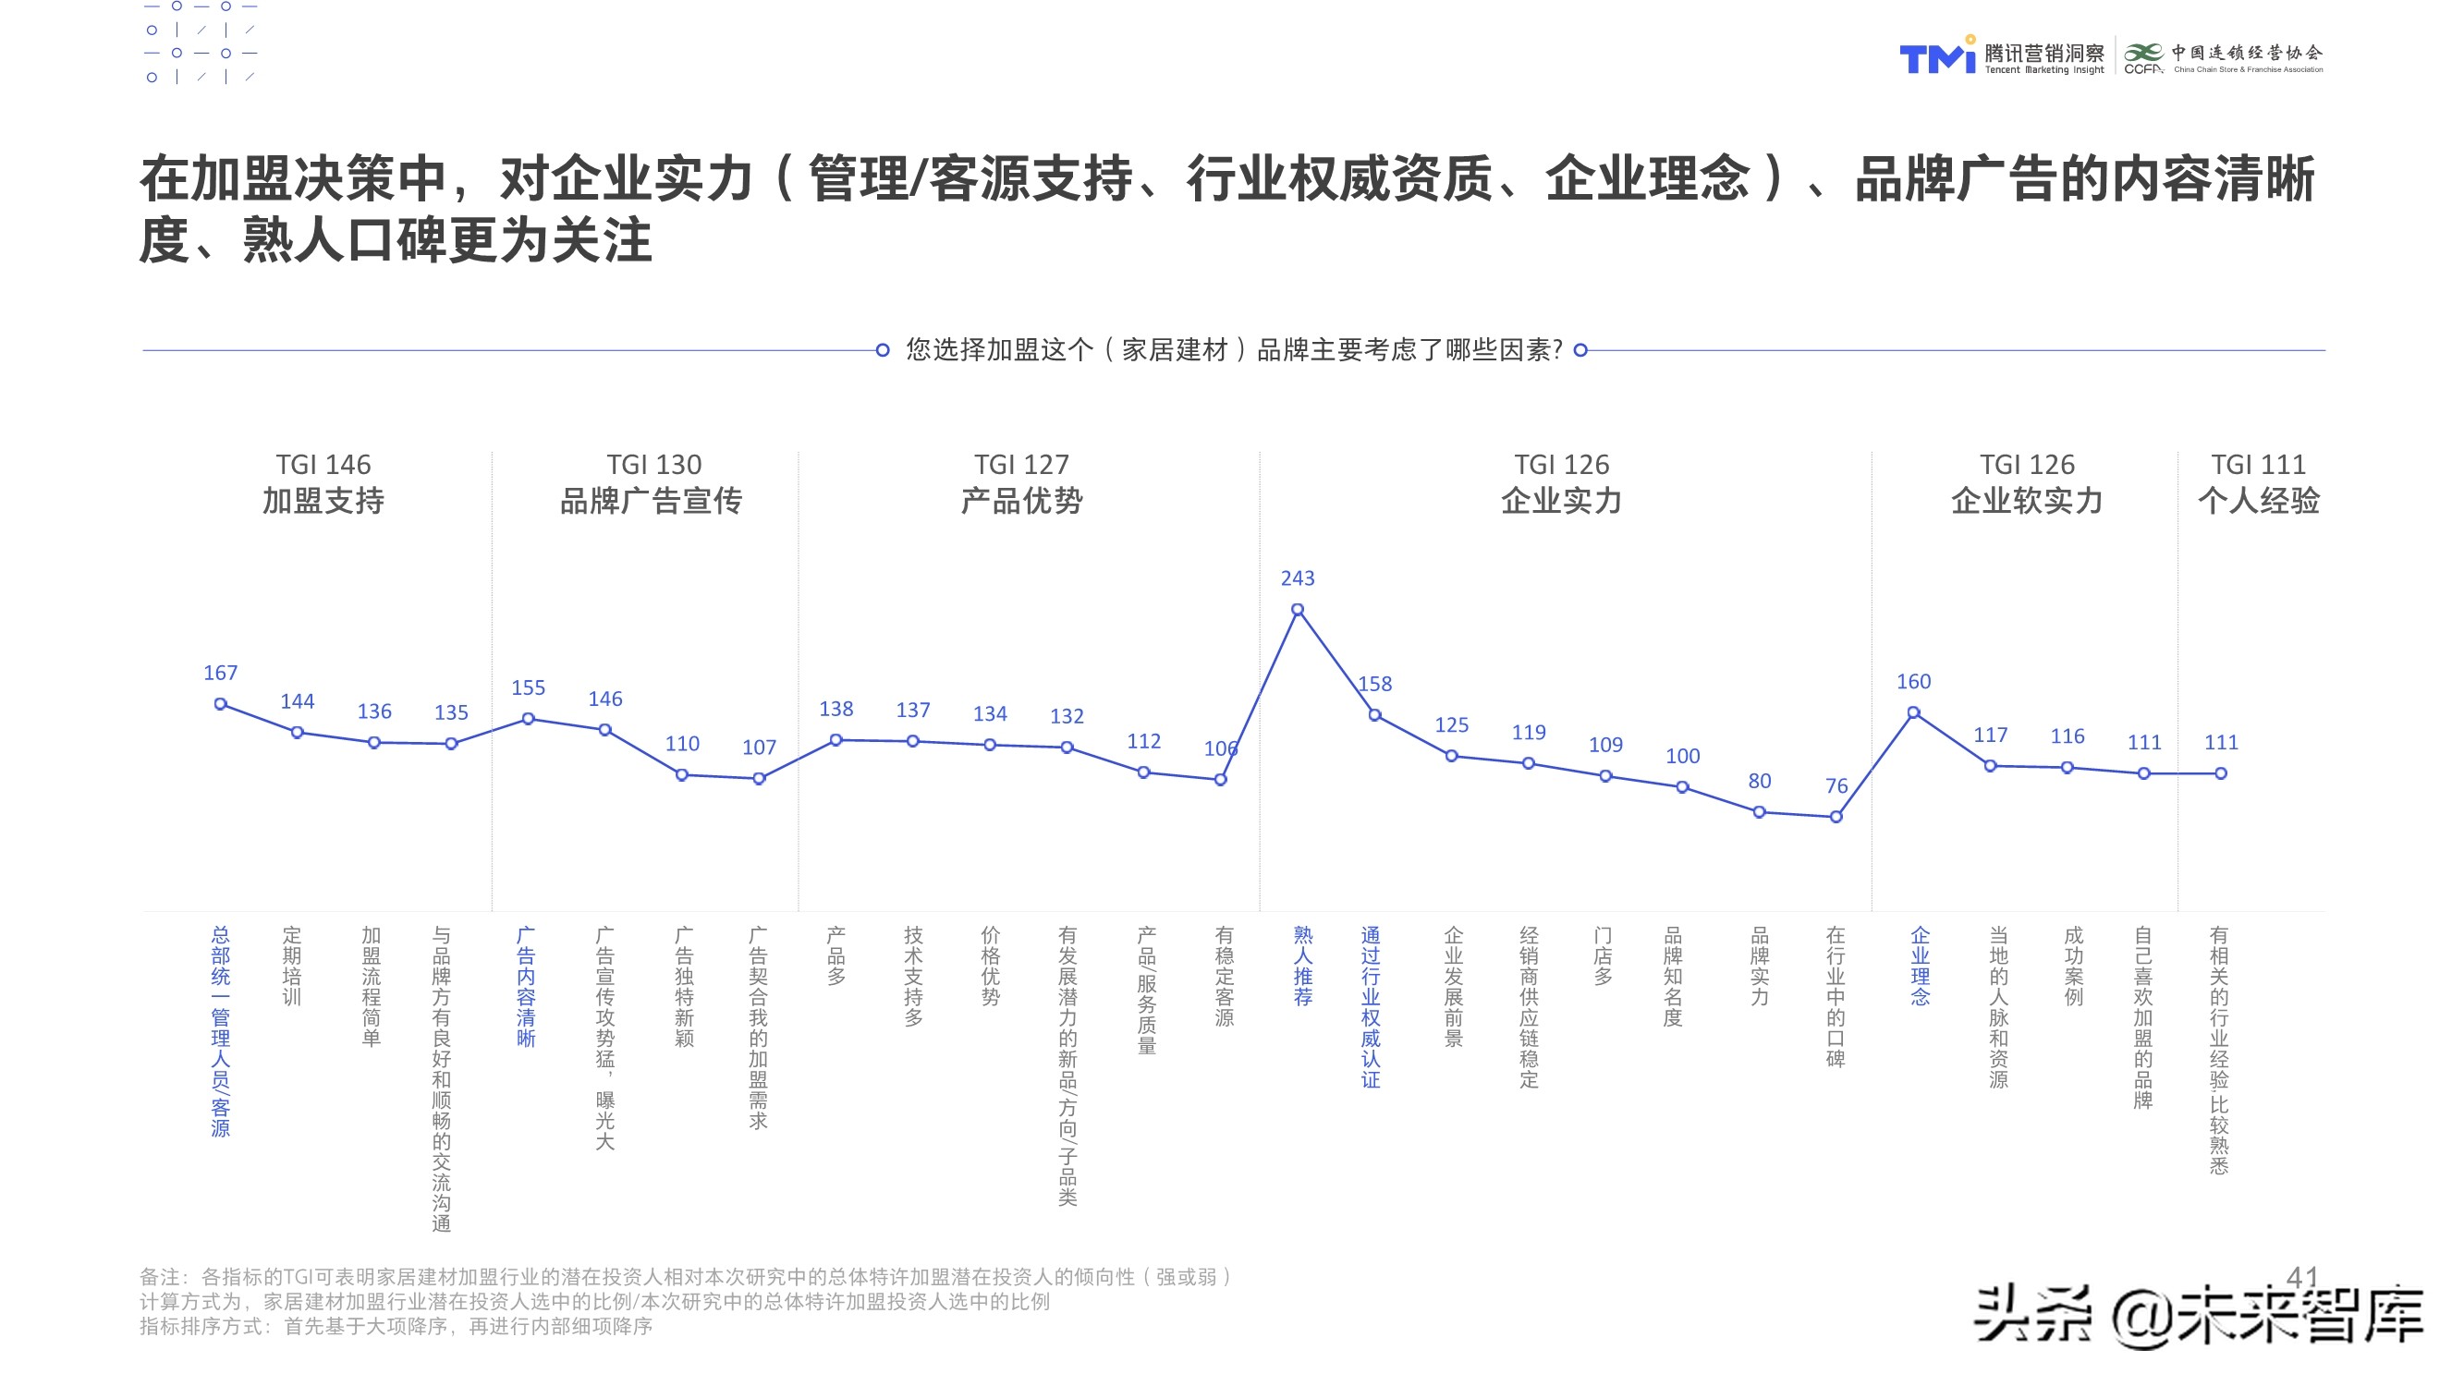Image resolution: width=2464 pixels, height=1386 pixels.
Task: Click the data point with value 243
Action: (1297, 609)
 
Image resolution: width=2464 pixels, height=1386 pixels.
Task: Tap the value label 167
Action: (220, 674)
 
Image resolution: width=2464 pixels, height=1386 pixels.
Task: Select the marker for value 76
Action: (1836, 817)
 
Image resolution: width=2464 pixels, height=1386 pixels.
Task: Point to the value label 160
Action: (1913, 682)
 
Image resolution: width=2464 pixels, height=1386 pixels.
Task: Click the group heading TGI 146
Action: (323, 465)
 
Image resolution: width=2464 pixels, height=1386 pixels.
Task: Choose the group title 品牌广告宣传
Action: (652, 501)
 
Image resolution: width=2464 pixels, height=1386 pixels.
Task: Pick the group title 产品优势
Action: (1021, 501)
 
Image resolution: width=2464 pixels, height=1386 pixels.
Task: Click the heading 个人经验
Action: (2258, 501)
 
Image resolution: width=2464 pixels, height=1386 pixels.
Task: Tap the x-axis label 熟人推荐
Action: (1303, 967)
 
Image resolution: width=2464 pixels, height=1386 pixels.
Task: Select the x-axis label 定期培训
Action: (292, 967)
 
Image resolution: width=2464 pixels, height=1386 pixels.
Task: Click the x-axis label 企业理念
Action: (1920, 967)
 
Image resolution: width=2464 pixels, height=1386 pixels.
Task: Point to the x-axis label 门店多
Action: (1604, 955)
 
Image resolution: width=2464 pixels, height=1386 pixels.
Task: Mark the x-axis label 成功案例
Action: (2073, 967)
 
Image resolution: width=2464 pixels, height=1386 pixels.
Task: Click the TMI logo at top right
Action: (1937, 57)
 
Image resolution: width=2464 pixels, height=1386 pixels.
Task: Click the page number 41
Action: (2301, 1276)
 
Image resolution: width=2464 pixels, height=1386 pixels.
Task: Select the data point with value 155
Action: (528, 719)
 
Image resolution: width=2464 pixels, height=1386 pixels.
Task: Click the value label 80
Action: (1759, 782)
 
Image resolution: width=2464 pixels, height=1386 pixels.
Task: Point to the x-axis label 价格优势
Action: (990, 967)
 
